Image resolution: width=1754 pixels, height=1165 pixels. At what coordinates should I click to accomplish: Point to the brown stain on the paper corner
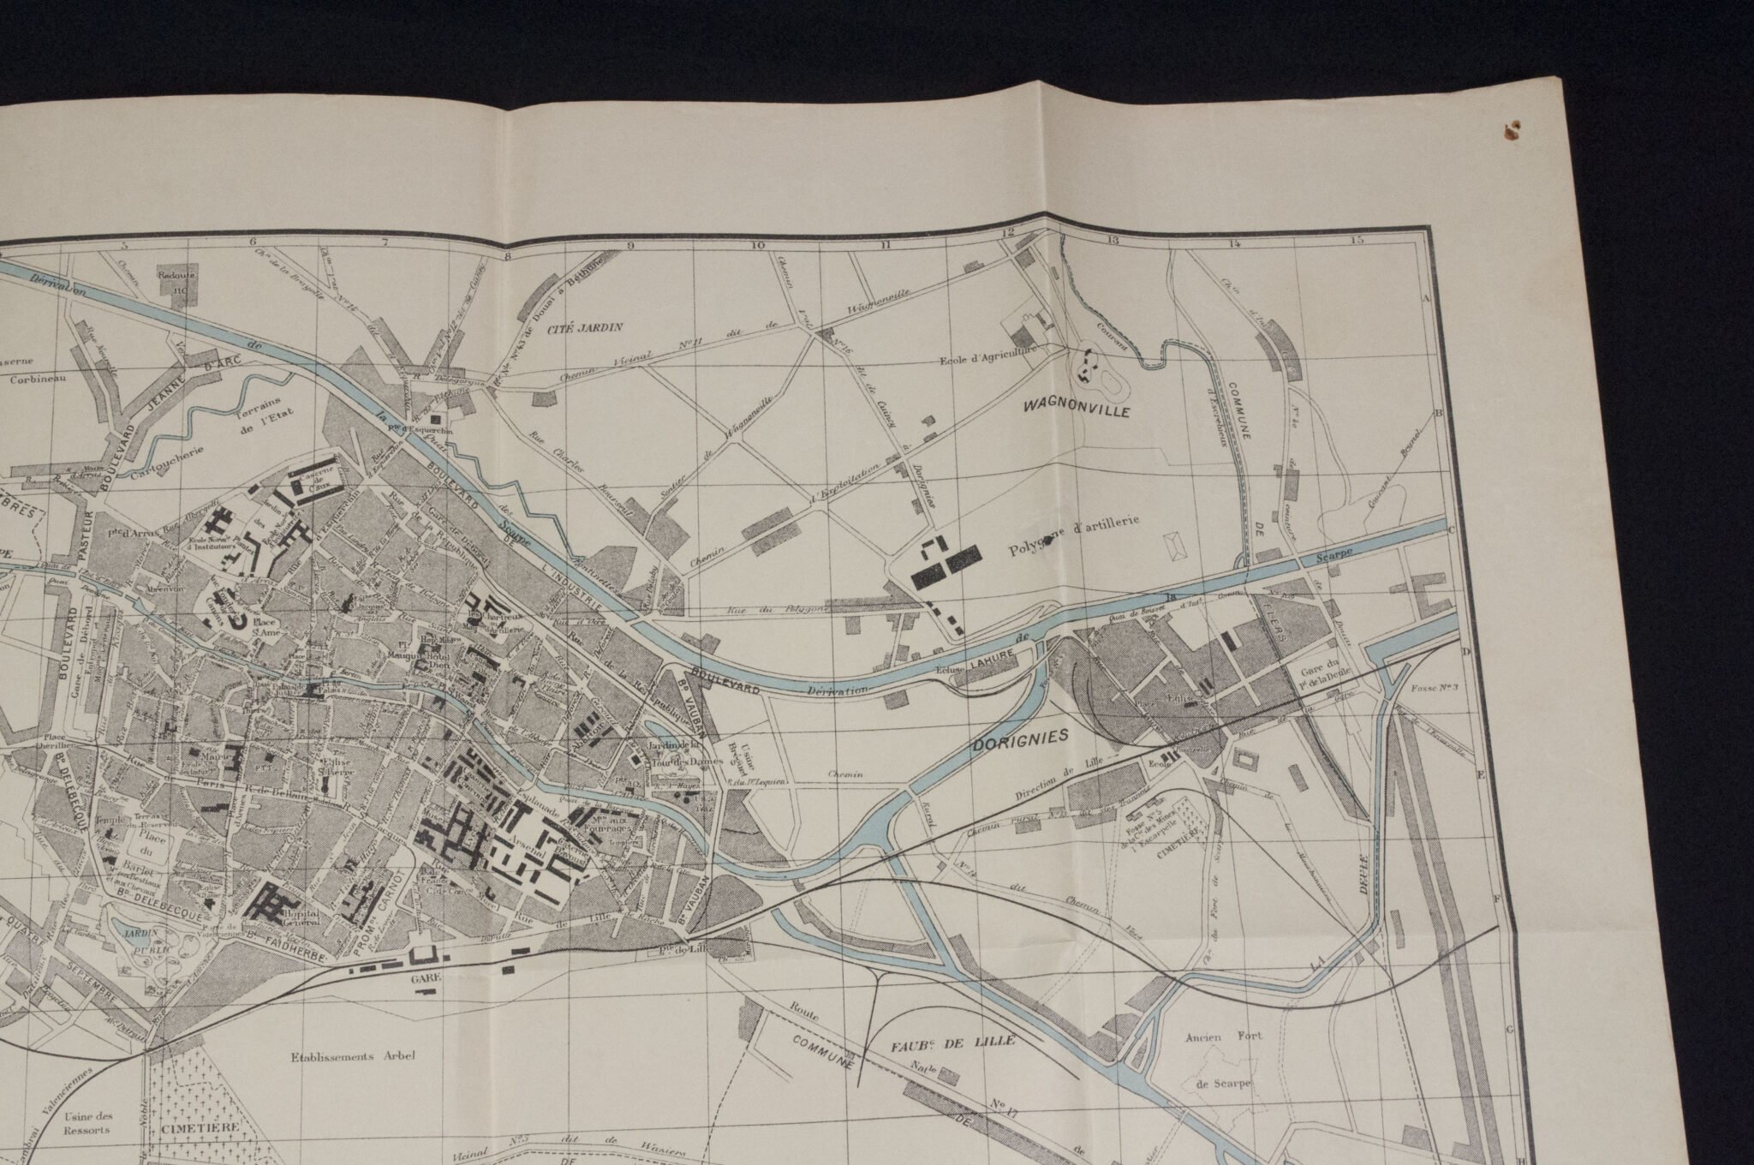pos(1511,131)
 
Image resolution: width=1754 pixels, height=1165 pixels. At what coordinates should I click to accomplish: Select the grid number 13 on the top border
pos(1112,242)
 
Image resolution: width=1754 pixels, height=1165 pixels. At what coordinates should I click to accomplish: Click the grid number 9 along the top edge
pos(632,246)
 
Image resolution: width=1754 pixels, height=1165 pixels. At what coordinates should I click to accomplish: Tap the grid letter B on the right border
pos(1438,413)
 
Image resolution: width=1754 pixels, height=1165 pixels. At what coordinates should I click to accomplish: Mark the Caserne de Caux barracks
pos(313,483)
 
